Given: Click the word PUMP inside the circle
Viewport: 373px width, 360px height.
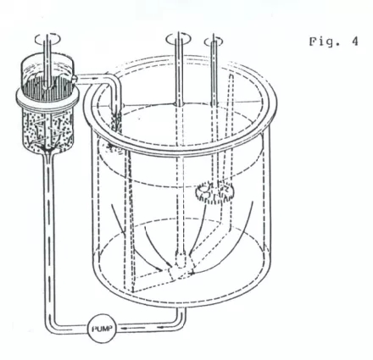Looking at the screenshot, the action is pos(102,329).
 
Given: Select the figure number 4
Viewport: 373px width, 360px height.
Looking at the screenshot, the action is pos(355,42).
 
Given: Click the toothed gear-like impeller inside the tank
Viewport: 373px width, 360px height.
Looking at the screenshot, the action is pos(214,192).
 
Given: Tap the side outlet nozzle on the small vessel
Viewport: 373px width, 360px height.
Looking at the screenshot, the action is pos(75,79).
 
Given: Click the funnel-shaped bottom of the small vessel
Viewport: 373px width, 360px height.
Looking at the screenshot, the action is pos(47,148).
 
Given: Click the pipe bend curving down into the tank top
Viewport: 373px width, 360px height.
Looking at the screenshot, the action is pos(112,82).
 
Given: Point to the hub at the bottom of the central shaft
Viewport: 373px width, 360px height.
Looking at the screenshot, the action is pos(181,261).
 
